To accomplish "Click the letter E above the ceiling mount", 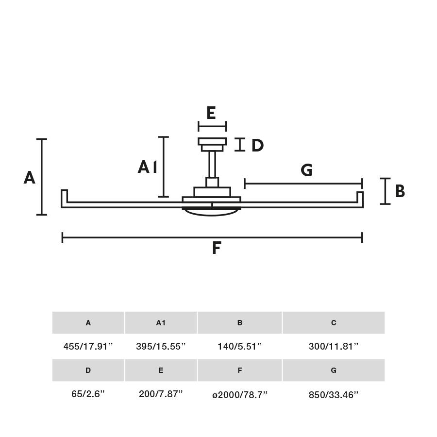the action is pos(211,113).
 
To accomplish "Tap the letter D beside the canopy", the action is pos(257,145).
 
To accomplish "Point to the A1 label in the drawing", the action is pos(148,167).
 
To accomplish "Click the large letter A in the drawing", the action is pos(30,178).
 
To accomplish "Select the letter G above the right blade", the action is pos(306,170).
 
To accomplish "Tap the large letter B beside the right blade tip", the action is pos(400,191).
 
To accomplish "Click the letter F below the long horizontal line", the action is pos(217,248).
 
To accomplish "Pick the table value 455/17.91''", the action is pos(88,346).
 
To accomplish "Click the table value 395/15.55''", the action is pos(161,346).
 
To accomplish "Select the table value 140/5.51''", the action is pos(240,346).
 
